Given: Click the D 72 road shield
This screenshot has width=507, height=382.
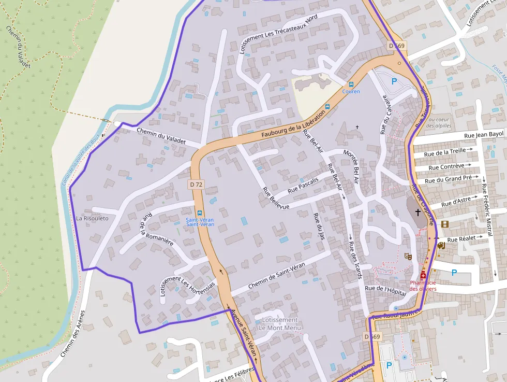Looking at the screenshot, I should point(196,184).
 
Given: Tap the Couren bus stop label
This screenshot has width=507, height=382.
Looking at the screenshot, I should point(351,92).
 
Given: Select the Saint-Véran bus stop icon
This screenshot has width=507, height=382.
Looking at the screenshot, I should point(200,213).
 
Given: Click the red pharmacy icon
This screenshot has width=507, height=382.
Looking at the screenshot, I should point(423,275).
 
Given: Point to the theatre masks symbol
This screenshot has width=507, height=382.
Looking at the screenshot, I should point(408,256).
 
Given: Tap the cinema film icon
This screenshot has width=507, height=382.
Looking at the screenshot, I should point(444,224).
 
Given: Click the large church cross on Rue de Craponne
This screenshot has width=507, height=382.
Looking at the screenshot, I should point(417,213).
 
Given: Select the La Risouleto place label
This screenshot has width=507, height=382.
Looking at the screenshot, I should point(92,218).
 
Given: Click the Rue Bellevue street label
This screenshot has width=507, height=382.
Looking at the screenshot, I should point(275,198).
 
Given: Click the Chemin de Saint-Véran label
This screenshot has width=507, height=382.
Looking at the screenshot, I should point(276,276).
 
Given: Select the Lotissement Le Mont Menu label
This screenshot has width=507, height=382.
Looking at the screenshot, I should point(279,324).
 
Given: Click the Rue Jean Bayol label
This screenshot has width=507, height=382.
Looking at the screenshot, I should point(484,135).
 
